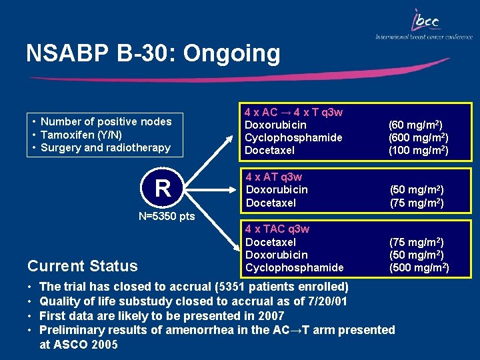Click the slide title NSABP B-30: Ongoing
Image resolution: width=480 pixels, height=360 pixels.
[153, 53]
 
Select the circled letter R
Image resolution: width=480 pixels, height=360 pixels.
[163, 189]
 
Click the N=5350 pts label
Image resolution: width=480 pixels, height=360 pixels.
[167, 216]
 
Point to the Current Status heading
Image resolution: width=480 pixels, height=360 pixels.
[83, 266]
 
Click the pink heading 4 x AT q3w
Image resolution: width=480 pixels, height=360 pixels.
[273, 177]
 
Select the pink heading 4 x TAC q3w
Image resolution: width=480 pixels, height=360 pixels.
[277, 229]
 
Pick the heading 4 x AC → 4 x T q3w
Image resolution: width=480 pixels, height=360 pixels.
[293, 112]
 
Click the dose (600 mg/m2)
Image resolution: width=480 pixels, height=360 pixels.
[418, 137]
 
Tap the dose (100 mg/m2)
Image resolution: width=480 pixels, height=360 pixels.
[418, 150]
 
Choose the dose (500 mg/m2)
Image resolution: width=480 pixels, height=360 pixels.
[419, 267]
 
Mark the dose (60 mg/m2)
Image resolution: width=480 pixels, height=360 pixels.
[415, 125]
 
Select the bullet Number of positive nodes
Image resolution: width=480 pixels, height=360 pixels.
[106, 121]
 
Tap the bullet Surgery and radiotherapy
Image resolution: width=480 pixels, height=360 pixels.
[105, 147]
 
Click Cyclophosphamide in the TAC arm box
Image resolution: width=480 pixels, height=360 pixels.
[295, 267]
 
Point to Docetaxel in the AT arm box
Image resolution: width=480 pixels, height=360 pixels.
[271, 203]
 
